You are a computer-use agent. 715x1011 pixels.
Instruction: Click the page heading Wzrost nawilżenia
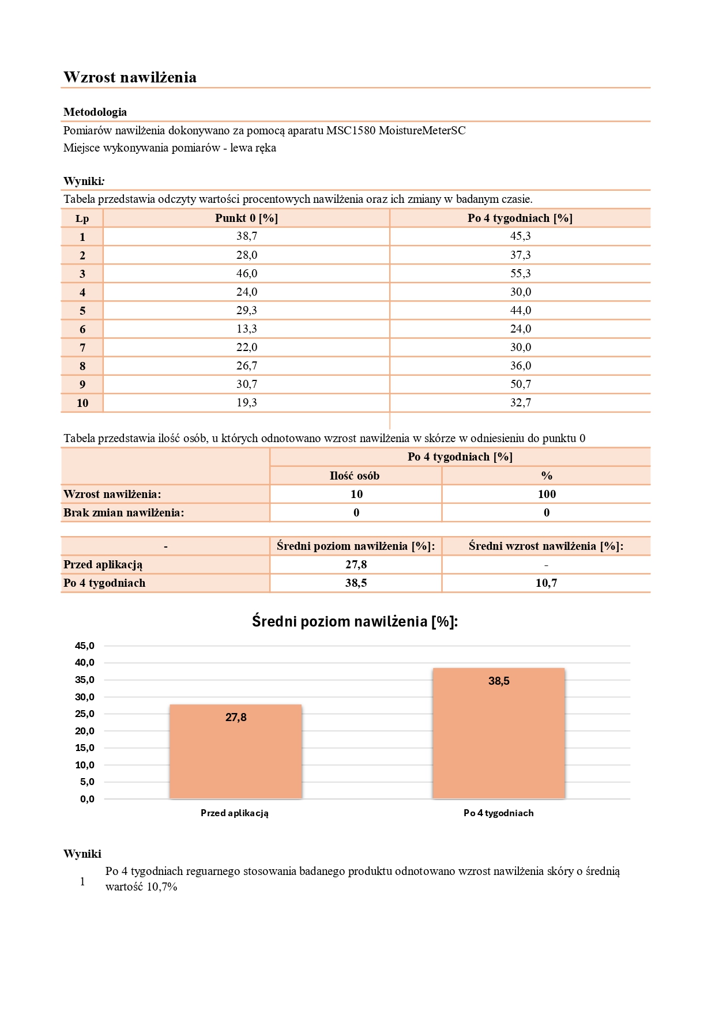point(130,77)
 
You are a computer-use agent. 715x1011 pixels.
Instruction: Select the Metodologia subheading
point(95,112)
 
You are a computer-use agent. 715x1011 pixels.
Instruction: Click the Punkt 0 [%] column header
point(246,218)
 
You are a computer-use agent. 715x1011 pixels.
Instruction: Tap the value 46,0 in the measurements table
point(246,273)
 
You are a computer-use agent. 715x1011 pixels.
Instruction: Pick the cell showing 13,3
point(246,329)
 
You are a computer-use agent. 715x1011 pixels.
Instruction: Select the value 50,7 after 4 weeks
point(520,384)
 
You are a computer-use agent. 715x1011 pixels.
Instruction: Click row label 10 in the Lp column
point(82,403)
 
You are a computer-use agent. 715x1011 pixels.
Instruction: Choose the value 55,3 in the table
point(520,273)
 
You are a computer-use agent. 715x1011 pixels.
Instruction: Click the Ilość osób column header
point(355,476)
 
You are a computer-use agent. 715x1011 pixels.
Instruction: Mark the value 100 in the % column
point(547,494)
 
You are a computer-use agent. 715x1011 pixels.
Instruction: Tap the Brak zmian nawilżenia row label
point(124,512)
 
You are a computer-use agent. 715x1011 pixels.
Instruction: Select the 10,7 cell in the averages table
point(546,583)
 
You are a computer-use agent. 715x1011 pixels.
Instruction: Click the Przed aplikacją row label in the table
point(103,564)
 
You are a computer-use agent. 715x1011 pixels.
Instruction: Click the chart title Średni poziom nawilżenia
point(355,621)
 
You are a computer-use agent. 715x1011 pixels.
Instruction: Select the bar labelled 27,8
point(236,752)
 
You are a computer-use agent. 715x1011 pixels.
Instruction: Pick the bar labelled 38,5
point(499,734)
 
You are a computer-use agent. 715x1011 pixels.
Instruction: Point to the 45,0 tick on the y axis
point(85,646)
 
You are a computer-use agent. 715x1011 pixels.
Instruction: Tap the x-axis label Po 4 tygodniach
point(499,813)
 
